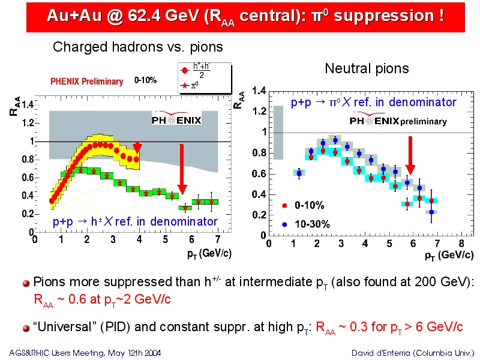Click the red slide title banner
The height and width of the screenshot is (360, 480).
245,17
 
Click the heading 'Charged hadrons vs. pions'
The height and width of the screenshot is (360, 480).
138,47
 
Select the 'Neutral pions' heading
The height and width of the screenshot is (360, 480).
367,68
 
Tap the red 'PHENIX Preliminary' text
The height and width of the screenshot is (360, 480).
86,82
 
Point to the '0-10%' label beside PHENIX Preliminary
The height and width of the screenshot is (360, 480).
145,80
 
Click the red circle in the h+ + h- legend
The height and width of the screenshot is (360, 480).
185,71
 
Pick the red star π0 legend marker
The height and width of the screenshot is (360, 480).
184,85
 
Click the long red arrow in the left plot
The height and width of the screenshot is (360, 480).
182,169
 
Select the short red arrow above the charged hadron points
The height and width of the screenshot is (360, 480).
137,147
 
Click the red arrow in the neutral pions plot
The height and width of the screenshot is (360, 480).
410,155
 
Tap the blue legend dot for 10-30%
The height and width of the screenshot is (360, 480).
284,224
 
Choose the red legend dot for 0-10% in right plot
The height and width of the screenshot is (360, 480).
284,205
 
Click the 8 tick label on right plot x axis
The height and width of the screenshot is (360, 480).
461,244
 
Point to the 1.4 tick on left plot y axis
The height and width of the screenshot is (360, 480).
28,105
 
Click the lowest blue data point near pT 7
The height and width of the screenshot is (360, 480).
431,212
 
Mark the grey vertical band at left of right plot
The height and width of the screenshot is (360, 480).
278,133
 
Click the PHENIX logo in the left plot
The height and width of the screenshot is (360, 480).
176,118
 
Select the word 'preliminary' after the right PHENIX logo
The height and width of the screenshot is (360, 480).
424,122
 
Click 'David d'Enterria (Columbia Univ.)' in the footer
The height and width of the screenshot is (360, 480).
413,353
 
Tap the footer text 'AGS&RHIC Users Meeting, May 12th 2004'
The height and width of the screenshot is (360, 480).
85,353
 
